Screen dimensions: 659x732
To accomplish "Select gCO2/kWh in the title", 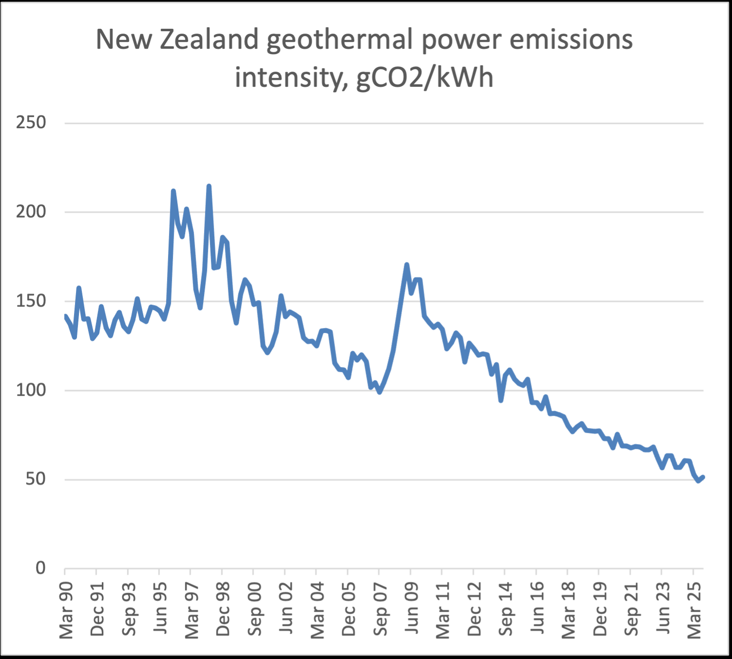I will coord(425,78).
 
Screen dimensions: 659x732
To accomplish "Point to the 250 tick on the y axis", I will coord(31,122).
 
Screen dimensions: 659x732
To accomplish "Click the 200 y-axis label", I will coord(31,212).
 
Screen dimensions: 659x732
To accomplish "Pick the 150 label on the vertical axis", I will coord(31,301).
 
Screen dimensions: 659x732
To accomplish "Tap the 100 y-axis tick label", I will coord(31,390).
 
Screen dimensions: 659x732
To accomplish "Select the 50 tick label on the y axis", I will coord(36,479).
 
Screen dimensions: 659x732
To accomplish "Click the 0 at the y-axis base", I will coord(41,568).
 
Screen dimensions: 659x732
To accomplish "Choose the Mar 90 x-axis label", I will coord(66,610).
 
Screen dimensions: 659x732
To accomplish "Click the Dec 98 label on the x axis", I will coord(223,610).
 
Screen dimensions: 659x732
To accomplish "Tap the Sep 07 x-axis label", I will coord(380,610).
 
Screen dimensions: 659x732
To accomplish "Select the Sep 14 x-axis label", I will coord(506,610).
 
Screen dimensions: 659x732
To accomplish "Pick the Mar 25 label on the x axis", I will coord(694,610).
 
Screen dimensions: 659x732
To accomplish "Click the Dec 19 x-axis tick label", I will coord(600,610).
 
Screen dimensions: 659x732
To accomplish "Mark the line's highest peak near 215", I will coord(209,186).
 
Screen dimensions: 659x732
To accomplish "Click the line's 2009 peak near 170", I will coord(407,265).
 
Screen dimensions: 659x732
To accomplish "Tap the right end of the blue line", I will coord(703,477).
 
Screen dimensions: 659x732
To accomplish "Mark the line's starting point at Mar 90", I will coord(65,316).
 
